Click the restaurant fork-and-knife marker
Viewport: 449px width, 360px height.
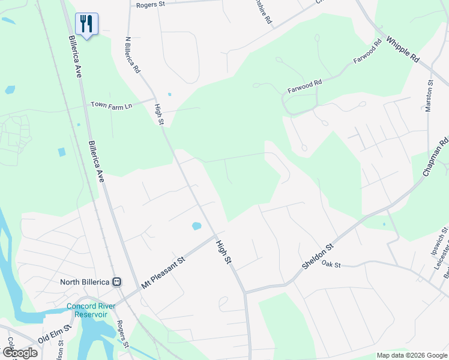point(87,23)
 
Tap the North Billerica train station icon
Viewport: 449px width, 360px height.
point(117,281)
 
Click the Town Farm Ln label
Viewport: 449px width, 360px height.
point(111,104)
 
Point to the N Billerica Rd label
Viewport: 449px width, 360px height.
point(132,55)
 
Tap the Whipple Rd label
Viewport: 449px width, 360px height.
point(403,50)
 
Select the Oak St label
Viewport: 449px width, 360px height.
point(331,263)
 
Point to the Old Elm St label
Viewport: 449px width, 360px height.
point(54,334)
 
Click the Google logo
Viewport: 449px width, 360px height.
point(19,353)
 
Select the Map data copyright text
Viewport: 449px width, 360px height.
point(411,356)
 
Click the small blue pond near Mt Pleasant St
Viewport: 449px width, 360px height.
point(196,227)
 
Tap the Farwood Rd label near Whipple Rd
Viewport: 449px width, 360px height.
point(368,52)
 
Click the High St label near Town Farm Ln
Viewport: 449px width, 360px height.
point(159,115)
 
